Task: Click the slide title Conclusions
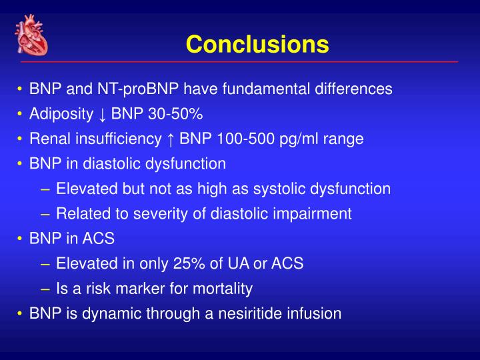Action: pyautogui.click(x=257, y=45)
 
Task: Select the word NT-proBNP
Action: pyautogui.click(x=142, y=89)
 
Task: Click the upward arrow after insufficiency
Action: pyautogui.click(x=171, y=139)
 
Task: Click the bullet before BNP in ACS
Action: pyautogui.click(x=21, y=239)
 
